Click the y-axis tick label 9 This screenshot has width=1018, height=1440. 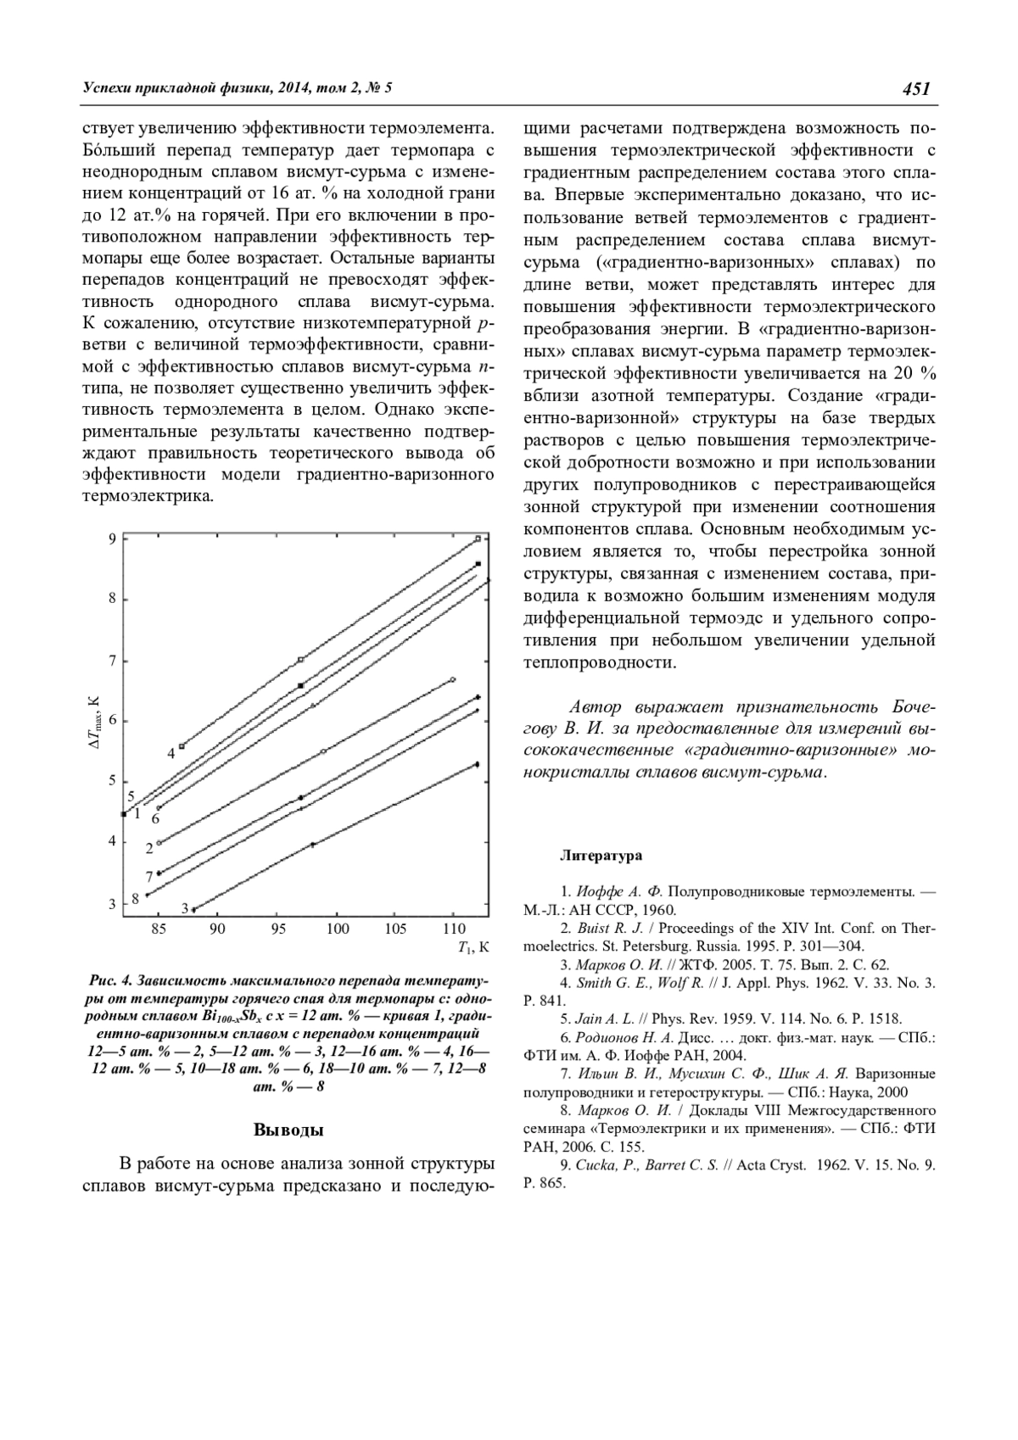click(111, 539)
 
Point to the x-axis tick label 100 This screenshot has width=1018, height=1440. click(338, 929)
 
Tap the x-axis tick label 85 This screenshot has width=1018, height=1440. click(159, 929)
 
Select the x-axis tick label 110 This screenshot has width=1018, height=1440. click(455, 929)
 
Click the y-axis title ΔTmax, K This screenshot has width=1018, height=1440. click(95, 720)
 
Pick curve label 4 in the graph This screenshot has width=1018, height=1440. click(171, 752)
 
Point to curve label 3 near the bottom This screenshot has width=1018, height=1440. click(184, 907)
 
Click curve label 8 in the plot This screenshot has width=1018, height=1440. click(135, 898)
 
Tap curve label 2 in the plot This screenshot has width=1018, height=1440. click(149, 848)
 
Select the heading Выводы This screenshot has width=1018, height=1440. click(288, 1130)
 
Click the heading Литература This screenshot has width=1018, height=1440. click(601, 856)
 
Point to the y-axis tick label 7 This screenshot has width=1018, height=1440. click(111, 660)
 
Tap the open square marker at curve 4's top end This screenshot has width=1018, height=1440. click(478, 539)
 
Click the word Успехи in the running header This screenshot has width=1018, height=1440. click(104, 88)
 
